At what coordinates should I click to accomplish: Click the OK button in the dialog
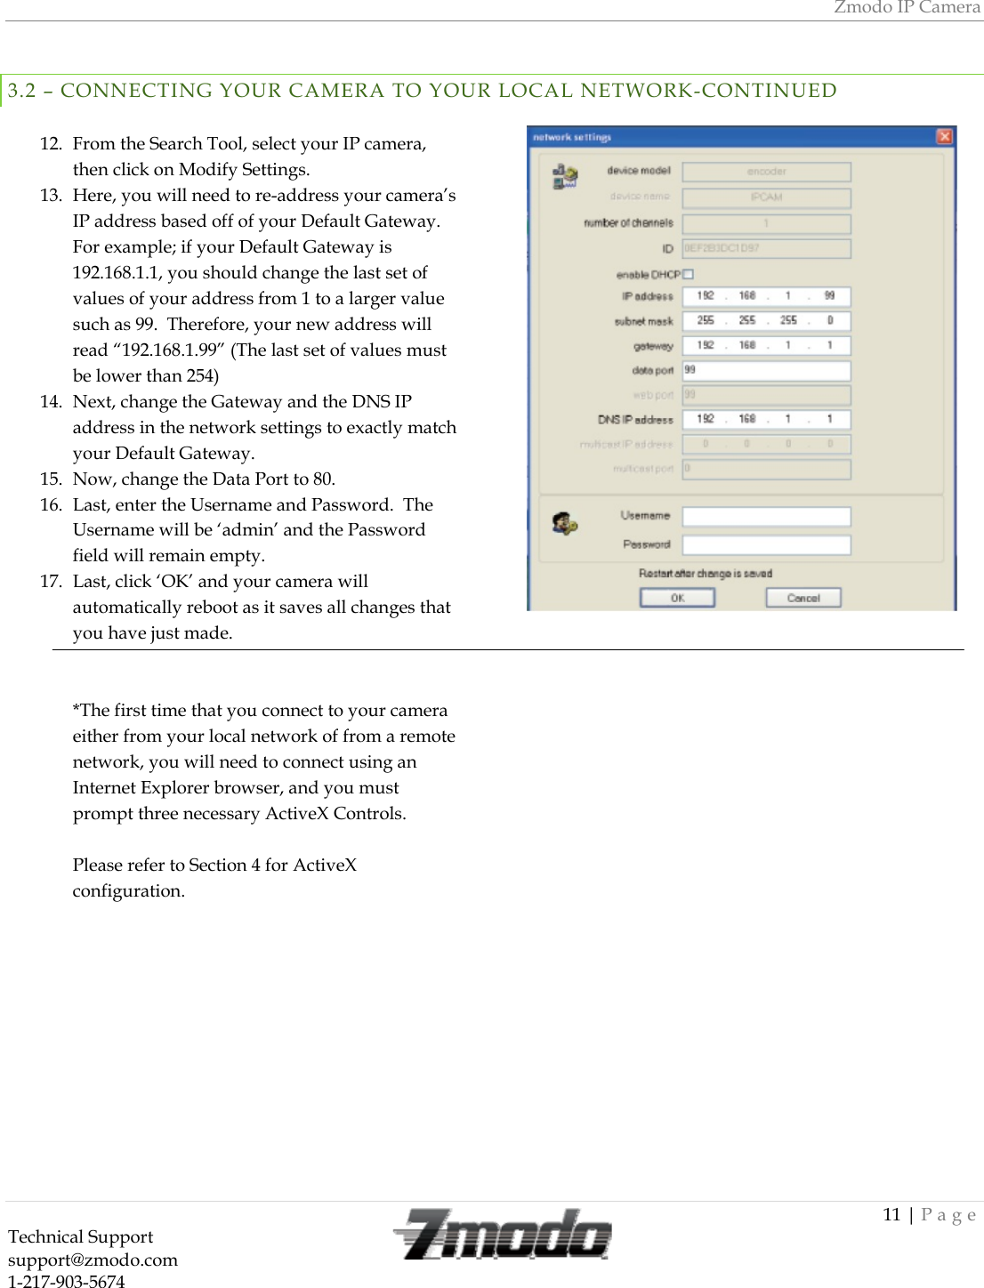click(x=677, y=598)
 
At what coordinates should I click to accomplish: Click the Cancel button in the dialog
click(x=803, y=598)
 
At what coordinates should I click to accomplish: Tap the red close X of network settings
click(x=944, y=136)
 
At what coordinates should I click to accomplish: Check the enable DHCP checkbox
click(x=688, y=274)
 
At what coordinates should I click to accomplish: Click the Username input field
click(x=766, y=516)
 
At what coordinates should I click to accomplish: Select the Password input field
click(x=766, y=544)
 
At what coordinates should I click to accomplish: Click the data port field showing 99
click(x=766, y=370)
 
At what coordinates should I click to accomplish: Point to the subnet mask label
click(x=643, y=321)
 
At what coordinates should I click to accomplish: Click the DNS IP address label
click(x=635, y=419)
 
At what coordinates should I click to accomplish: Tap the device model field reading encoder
click(x=766, y=172)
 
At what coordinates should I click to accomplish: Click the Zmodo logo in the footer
click(x=503, y=1235)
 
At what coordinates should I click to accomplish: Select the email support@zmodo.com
click(x=93, y=1260)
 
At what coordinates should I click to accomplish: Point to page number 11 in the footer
click(x=891, y=1214)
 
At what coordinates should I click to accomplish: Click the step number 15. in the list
click(x=51, y=479)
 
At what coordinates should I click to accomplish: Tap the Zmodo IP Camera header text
click(x=907, y=7)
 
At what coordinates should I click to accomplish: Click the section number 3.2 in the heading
click(x=22, y=91)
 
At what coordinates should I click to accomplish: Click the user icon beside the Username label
click(x=564, y=523)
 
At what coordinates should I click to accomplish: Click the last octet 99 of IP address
click(x=829, y=295)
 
